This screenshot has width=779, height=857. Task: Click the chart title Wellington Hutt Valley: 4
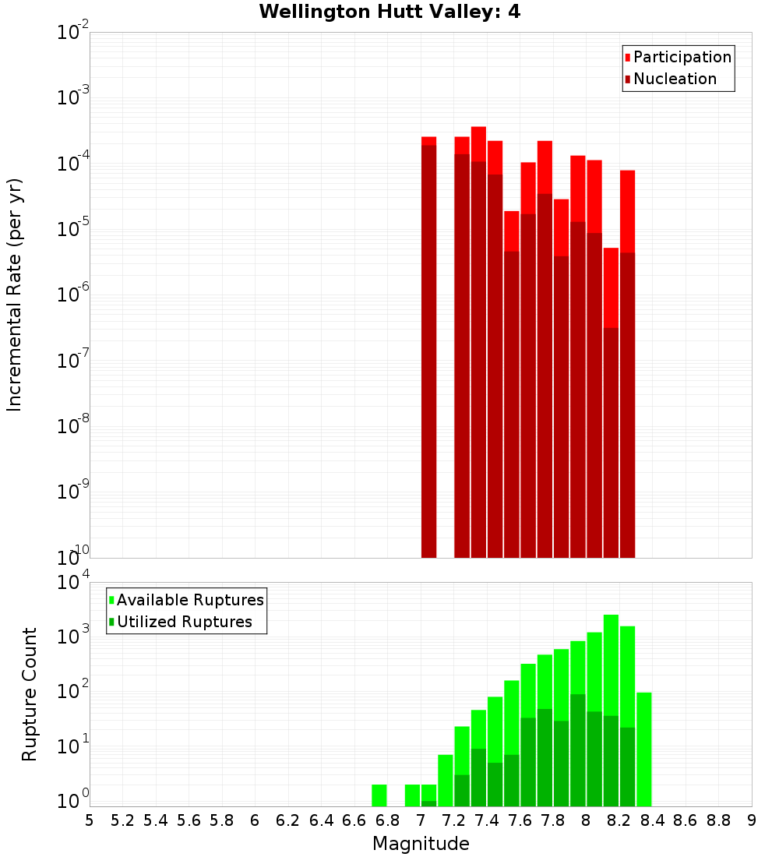(389, 12)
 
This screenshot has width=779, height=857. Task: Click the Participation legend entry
(682, 57)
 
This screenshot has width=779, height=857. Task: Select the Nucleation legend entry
(674, 79)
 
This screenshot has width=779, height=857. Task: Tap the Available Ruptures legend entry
(189, 600)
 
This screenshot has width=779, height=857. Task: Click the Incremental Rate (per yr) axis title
(14, 294)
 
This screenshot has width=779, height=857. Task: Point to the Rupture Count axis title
(30, 693)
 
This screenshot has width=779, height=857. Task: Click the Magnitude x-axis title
(421, 844)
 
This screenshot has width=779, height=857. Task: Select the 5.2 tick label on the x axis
(122, 820)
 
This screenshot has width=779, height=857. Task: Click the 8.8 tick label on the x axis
(718, 820)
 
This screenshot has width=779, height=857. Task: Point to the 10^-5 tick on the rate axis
(72, 230)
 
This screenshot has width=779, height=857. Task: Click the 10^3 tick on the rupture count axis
(72, 635)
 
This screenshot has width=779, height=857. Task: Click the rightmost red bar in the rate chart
(628, 366)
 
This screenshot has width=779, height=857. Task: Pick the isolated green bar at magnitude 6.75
(379, 795)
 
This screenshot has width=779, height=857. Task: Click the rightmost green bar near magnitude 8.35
(644, 748)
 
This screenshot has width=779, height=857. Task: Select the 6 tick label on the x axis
(255, 820)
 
